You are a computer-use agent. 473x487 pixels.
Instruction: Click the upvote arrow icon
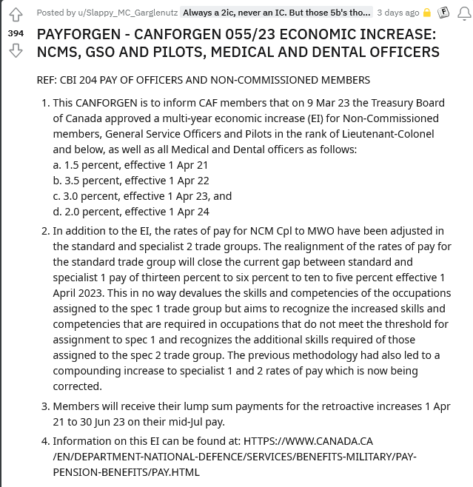tap(15, 15)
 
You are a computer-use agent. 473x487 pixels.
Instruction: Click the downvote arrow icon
tap(15, 51)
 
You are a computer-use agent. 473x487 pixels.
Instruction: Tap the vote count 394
tap(15, 33)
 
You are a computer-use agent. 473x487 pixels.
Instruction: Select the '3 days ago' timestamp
tap(397, 13)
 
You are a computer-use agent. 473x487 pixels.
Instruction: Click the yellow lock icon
tap(427, 13)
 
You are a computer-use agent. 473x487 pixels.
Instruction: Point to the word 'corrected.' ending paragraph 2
tap(76, 386)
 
